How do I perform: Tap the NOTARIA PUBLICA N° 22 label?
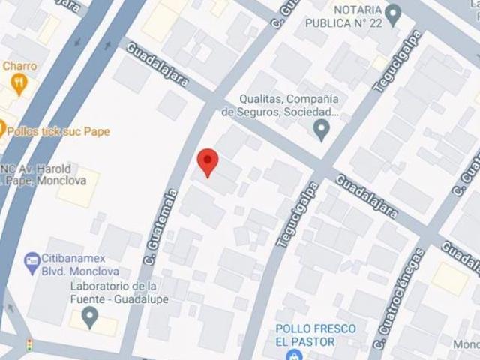pos(343,16)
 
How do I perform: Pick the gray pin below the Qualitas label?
pos(322,131)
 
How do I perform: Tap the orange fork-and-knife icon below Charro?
pos(19,82)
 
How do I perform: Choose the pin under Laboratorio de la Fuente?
pos(91,320)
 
